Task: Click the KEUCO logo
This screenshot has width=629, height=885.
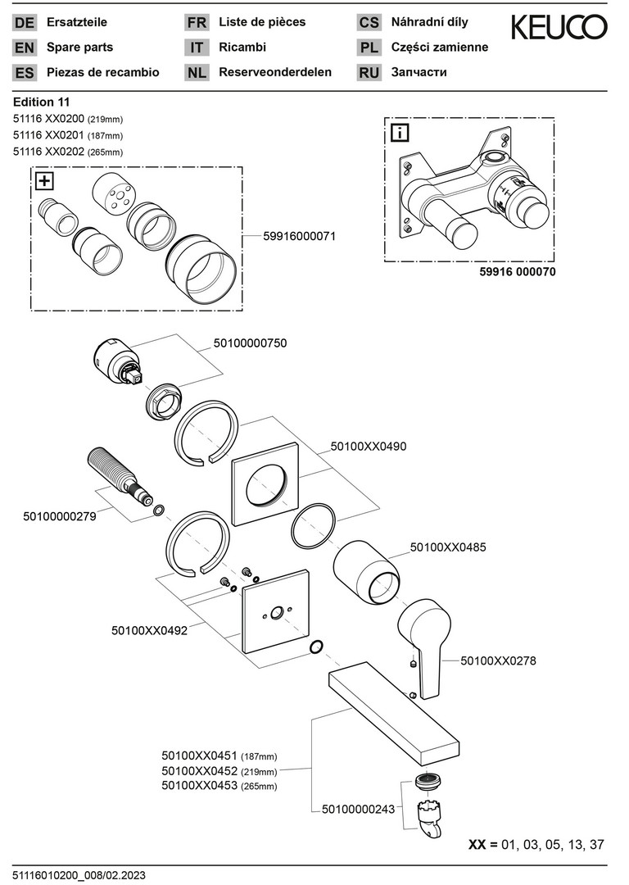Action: click(x=559, y=28)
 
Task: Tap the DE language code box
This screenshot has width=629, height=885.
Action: click(x=25, y=23)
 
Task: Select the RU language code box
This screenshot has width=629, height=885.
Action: click(x=369, y=72)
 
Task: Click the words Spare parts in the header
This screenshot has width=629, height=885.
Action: click(x=80, y=48)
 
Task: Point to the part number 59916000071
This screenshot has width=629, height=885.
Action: click(x=299, y=235)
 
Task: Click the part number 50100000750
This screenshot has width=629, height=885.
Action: click(x=250, y=344)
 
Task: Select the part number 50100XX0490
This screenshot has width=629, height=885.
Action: click(x=369, y=447)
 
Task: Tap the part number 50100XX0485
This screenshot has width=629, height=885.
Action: click(x=448, y=547)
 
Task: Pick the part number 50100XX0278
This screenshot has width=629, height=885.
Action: click(x=499, y=660)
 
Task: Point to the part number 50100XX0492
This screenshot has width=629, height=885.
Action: click(x=149, y=631)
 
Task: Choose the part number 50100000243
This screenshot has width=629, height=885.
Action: click(x=357, y=809)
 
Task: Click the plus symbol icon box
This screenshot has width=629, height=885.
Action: click(x=43, y=181)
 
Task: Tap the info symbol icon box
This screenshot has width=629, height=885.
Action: click(x=400, y=132)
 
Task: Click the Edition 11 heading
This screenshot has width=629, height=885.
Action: click(x=42, y=102)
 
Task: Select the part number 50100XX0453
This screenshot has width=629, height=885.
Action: click(x=199, y=786)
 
